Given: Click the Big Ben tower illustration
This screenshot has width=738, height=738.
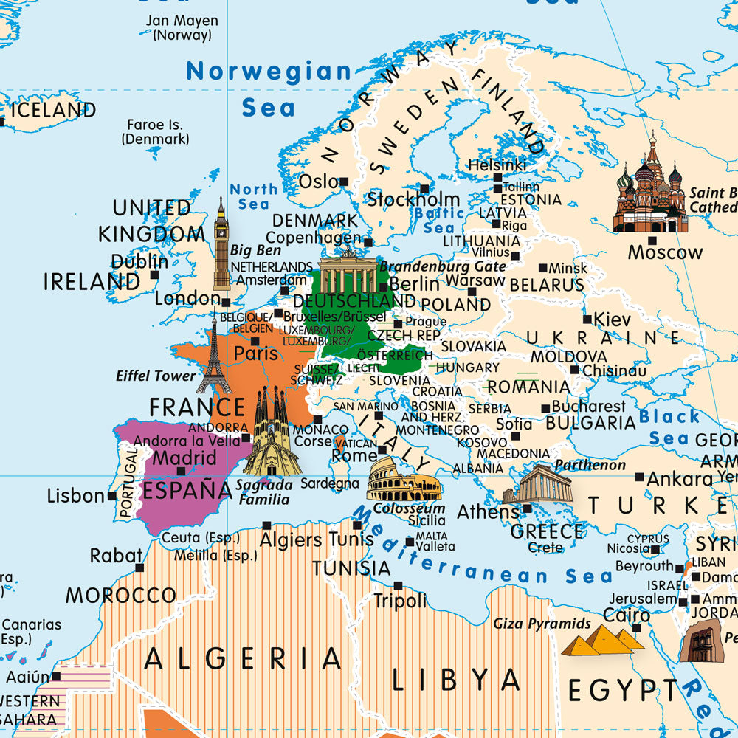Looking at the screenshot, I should (x=221, y=247).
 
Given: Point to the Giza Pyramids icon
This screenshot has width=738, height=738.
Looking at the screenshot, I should (x=602, y=640).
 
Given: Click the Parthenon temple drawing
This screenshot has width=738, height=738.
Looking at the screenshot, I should (x=538, y=486).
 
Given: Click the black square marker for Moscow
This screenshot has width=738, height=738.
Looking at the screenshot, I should (x=652, y=239).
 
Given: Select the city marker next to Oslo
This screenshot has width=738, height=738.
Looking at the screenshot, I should (x=344, y=181).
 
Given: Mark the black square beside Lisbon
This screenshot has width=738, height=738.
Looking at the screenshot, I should (x=112, y=496).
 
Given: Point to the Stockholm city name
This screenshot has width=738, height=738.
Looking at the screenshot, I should (x=414, y=199).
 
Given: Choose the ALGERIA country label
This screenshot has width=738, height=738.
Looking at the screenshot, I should (x=243, y=658).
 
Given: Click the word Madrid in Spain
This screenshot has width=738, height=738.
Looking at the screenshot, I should (x=184, y=458).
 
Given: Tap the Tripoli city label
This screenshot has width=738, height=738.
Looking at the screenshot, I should (x=400, y=601).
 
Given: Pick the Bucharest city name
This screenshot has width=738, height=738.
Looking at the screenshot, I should (x=589, y=406).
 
